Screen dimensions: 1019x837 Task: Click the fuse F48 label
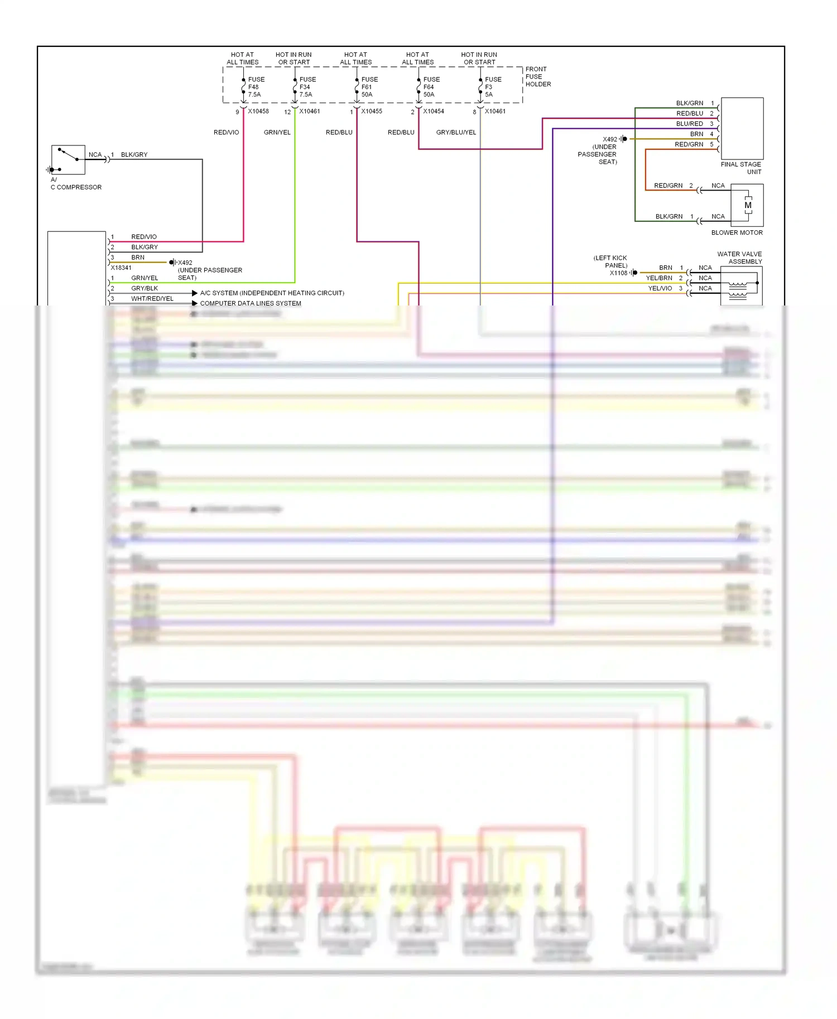click(256, 87)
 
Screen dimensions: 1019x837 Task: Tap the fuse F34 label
click(307, 87)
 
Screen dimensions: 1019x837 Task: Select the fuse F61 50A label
click(369, 87)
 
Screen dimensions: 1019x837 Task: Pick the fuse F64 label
click(431, 87)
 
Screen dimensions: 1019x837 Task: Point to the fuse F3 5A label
click(493, 87)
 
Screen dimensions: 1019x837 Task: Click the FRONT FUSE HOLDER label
click(537, 77)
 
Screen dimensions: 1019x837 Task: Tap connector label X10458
click(258, 111)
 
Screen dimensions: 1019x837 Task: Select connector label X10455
click(372, 111)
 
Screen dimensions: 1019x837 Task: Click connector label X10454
click(434, 111)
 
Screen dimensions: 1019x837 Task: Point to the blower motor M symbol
click(748, 205)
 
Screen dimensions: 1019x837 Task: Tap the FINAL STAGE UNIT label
click(741, 168)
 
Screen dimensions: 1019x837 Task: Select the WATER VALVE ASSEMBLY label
click(740, 258)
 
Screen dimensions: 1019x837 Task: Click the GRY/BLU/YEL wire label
click(456, 133)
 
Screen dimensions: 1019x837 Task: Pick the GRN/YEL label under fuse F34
click(277, 133)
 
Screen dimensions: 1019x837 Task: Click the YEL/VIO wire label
click(660, 289)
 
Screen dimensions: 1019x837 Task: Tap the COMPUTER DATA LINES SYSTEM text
click(251, 303)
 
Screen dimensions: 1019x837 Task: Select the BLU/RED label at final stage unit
click(689, 124)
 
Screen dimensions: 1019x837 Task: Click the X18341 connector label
click(121, 268)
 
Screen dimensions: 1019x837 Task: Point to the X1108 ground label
click(618, 273)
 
